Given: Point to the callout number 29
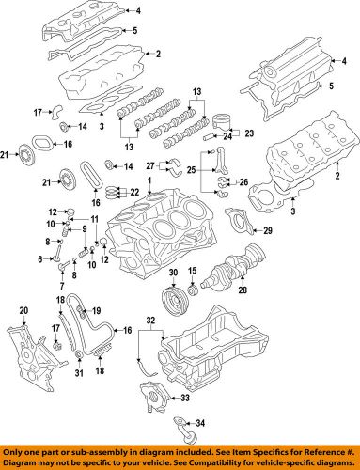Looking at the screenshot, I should click(268, 230).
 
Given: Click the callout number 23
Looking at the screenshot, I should click(248, 133).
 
